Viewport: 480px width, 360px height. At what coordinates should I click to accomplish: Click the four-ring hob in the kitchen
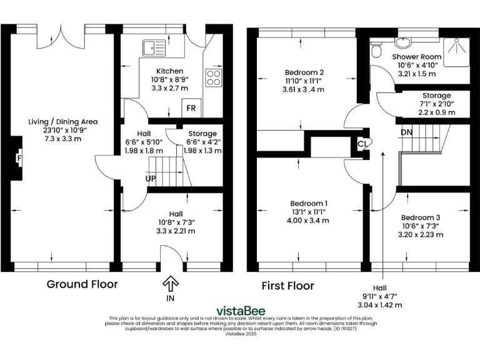click(214, 77)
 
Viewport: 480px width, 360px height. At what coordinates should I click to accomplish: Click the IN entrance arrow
click(170, 285)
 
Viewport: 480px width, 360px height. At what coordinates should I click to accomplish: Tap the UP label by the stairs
click(151, 179)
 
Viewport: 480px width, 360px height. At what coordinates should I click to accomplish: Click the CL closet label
click(362, 143)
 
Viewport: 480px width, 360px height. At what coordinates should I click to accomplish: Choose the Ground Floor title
click(82, 284)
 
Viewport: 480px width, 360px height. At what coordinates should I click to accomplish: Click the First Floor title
click(287, 286)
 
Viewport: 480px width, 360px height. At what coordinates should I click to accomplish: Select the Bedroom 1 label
click(308, 204)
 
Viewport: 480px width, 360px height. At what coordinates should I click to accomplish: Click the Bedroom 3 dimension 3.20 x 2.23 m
click(420, 234)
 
